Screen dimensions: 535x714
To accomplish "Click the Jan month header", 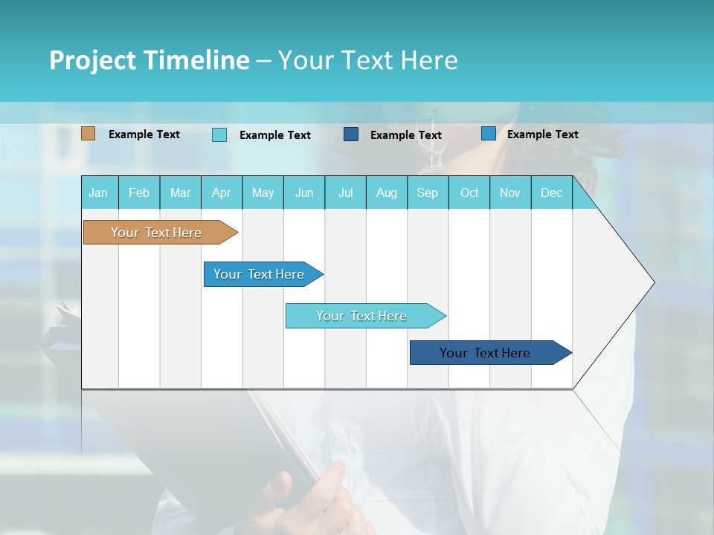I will pos(99,192).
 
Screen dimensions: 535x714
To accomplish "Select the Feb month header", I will pos(139,192).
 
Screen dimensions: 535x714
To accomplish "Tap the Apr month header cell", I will pos(222,192).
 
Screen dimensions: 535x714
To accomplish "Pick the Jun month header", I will pos(304,192).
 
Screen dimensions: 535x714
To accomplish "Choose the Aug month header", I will pos(387,192).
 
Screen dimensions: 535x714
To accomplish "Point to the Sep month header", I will pos(428,192).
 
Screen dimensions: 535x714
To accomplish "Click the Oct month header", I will pos(469,192).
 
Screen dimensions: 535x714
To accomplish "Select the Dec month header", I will pos(552,192).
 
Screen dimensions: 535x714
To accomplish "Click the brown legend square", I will pos(89,134).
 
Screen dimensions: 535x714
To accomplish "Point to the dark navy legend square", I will pos(351,134).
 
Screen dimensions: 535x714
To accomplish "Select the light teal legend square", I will pos(219,134).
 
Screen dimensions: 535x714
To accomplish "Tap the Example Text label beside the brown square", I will pos(144,134).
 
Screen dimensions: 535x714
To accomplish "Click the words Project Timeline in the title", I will pos(149,60).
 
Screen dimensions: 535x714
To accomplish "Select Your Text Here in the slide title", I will pos(367,60).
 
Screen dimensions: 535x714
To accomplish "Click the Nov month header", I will pos(510,192).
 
